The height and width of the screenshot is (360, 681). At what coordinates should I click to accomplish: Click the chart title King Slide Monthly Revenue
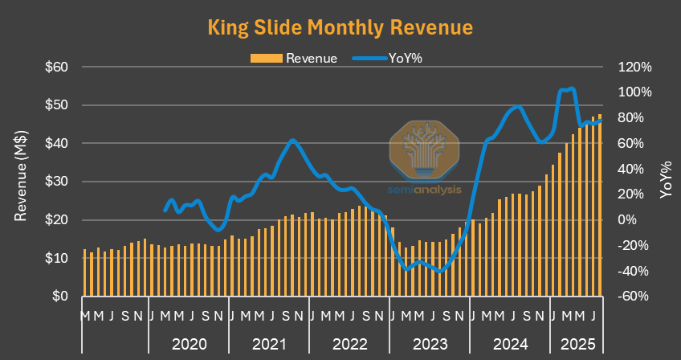tap(340, 27)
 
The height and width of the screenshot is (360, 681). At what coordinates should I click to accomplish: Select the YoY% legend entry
tap(394, 58)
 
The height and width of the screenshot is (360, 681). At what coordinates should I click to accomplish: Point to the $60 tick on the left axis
tap(55, 67)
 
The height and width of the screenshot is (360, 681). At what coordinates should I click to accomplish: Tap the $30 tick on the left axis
tap(55, 182)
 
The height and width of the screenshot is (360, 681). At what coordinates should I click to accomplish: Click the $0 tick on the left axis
tap(61, 297)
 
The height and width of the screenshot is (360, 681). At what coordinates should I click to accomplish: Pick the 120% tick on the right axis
tap(634, 67)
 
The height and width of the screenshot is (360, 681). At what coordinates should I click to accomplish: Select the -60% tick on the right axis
tap(634, 297)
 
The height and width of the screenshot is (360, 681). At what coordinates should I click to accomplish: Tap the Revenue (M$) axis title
tap(22, 181)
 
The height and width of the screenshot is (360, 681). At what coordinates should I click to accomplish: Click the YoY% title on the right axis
tap(666, 181)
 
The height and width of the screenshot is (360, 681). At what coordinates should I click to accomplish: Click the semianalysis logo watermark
tap(424, 157)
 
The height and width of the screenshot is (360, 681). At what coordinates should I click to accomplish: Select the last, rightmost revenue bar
tap(600, 206)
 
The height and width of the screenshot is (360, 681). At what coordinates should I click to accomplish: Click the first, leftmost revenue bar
tap(84, 272)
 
